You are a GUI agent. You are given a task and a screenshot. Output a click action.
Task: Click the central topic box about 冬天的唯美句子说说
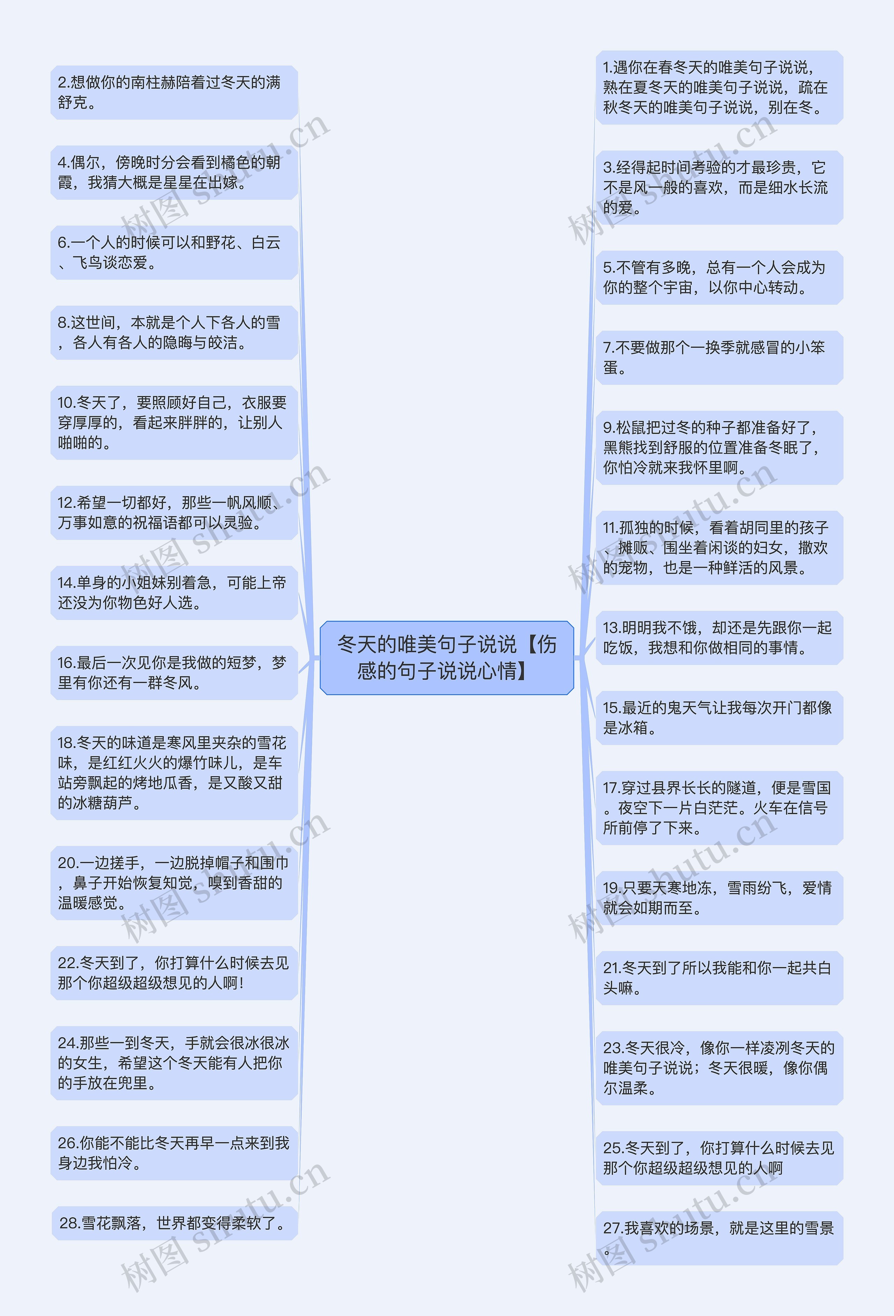[x=447, y=657]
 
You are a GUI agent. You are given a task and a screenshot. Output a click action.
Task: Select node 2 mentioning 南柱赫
[x=174, y=92]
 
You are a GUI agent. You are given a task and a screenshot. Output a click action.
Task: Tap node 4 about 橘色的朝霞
[x=174, y=173]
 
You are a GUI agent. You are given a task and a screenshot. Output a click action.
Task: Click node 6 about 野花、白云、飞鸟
[x=174, y=252]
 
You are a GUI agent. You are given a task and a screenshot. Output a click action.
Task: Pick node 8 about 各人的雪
[x=174, y=333]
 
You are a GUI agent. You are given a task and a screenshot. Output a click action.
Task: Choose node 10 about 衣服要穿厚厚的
[x=174, y=422]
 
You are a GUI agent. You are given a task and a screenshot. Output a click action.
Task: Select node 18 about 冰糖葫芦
[x=174, y=772]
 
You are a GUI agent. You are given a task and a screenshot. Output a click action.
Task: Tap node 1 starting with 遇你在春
[x=719, y=87]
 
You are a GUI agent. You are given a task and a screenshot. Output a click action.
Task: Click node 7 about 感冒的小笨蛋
[x=719, y=357]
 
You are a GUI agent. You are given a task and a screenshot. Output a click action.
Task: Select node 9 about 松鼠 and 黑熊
[x=719, y=447]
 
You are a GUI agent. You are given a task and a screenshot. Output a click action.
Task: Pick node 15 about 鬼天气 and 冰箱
[x=719, y=718]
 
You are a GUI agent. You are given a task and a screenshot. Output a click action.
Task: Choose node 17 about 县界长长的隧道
[x=719, y=808]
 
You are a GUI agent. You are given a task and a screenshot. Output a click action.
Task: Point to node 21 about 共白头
[x=719, y=978]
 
